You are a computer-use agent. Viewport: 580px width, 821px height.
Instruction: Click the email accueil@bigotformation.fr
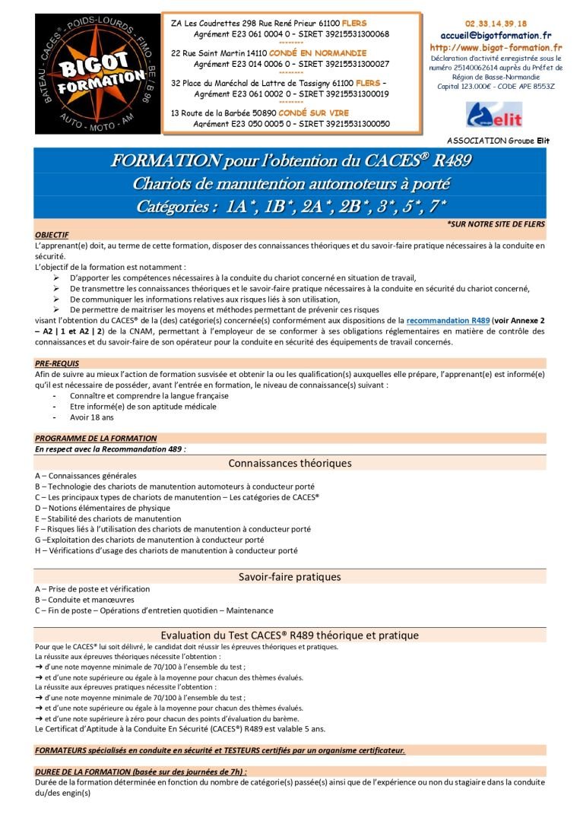[x=496, y=35]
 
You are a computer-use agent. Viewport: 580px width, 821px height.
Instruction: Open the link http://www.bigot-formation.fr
[x=495, y=47]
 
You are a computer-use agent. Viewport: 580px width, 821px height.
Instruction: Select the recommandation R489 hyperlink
[x=448, y=322]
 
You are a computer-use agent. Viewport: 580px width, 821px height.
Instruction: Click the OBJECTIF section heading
[x=52, y=236]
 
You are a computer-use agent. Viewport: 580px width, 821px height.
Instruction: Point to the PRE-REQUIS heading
[x=57, y=363]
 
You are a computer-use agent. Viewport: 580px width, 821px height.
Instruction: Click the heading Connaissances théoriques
[x=290, y=463]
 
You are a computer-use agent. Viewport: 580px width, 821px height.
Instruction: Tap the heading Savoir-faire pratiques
[x=290, y=577]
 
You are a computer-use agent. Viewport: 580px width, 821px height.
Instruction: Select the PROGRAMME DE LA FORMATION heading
[x=96, y=439]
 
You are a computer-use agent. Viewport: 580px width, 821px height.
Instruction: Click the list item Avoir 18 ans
[x=91, y=417]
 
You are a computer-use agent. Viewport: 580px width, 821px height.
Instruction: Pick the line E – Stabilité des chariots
[x=108, y=518]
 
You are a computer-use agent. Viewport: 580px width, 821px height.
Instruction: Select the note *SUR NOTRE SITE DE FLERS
[x=496, y=225]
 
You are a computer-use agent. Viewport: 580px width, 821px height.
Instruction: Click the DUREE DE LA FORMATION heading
[x=141, y=772]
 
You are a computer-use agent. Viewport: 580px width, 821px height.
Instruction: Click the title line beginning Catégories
[x=290, y=207]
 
